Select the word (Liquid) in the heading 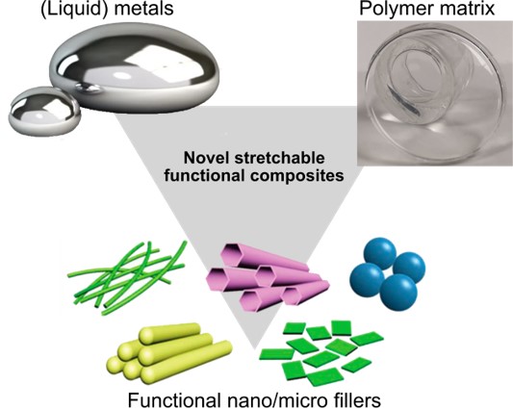(x=72, y=9)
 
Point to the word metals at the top (x=143, y=8)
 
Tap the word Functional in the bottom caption (x=173, y=399)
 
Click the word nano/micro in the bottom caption (x=274, y=399)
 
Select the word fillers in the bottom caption (x=355, y=399)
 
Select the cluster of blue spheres (x=388, y=274)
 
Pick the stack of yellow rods (x=168, y=350)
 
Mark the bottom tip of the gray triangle (x=254, y=348)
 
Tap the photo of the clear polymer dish (x=435, y=93)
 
